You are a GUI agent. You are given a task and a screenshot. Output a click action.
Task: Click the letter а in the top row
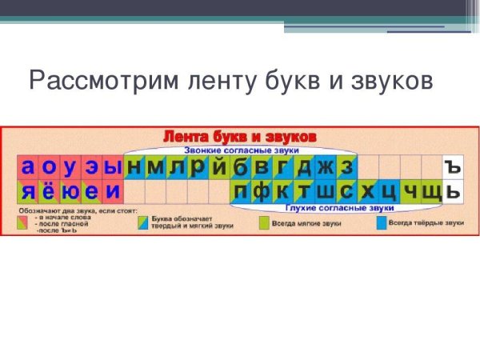click(28, 166)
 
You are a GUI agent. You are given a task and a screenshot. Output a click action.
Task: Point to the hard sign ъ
click(453, 166)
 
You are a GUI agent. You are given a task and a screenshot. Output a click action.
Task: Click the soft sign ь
click(453, 191)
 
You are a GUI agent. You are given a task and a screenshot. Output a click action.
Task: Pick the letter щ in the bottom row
click(431, 191)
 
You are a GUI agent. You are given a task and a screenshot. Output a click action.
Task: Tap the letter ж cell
click(325, 166)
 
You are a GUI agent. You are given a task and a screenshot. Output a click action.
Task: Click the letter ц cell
click(389, 191)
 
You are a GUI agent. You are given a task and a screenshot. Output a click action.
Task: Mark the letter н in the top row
click(134, 166)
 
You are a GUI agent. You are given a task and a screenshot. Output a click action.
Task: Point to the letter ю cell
click(70, 191)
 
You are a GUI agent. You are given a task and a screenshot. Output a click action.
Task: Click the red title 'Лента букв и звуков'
click(240, 137)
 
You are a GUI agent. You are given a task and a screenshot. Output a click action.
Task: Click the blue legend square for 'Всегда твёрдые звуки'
click(380, 223)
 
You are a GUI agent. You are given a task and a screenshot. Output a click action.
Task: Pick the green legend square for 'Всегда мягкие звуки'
click(264, 224)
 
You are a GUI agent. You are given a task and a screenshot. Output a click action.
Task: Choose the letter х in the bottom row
click(367, 191)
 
